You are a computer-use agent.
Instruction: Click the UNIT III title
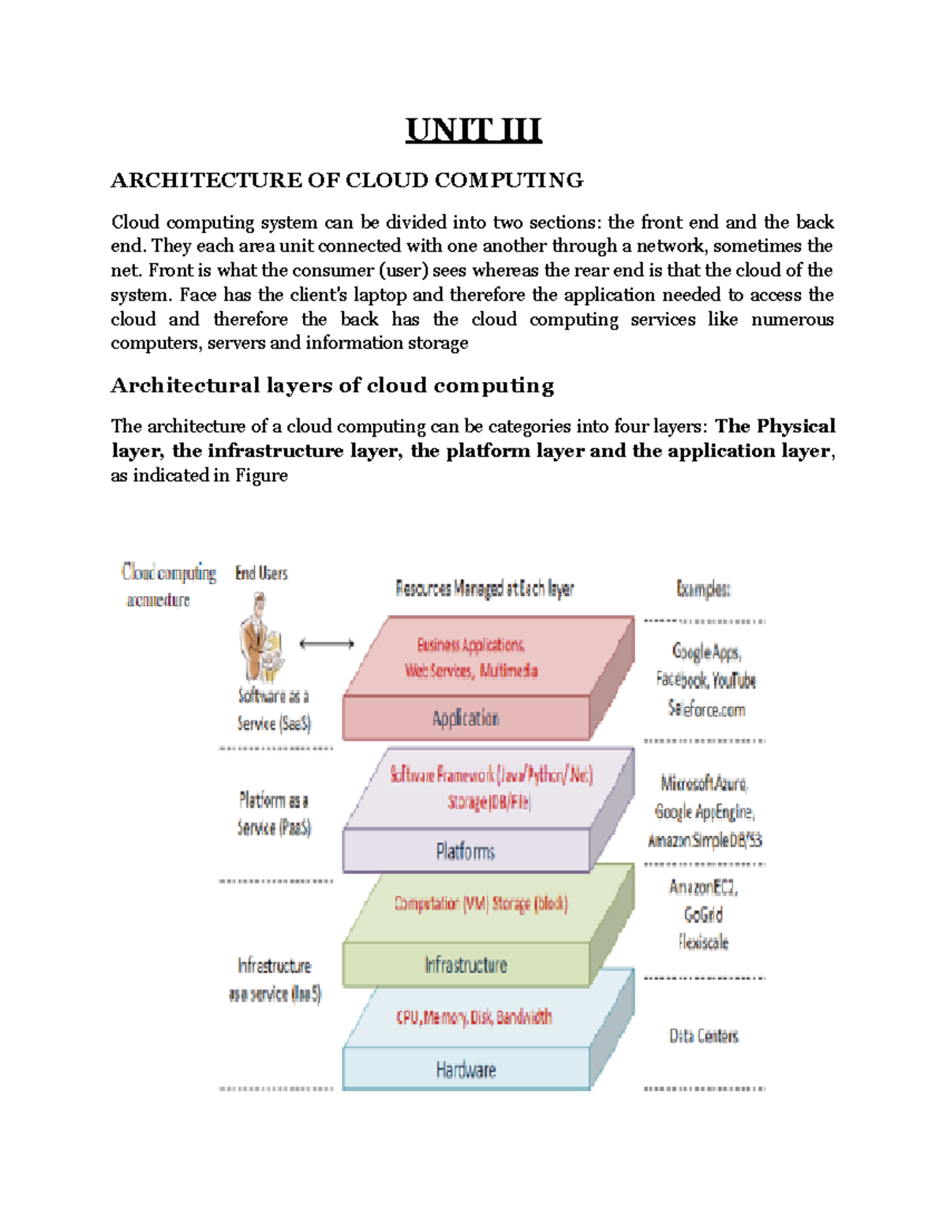click(x=473, y=130)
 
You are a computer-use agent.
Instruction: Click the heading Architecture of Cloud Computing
click(x=347, y=181)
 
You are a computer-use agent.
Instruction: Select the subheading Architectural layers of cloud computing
click(x=332, y=385)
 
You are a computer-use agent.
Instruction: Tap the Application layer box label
click(x=466, y=718)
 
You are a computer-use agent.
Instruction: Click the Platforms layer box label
click(x=466, y=852)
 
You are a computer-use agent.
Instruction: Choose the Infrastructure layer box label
click(x=466, y=965)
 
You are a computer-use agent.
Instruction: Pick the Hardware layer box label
click(x=466, y=1070)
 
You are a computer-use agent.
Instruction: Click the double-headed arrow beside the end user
click(x=327, y=644)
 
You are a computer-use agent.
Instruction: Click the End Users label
click(x=261, y=573)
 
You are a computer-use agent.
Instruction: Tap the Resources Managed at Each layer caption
click(x=485, y=589)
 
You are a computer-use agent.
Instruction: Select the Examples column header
click(x=703, y=589)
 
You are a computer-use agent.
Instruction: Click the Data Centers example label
click(x=704, y=1036)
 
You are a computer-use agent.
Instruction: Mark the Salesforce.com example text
click(x=706, y=709)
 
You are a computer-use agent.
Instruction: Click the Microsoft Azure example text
click(x=704, y=783)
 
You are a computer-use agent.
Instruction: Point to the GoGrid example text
click(x=703, y=914)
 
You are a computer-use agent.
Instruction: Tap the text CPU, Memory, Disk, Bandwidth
click(x=473, y=1017)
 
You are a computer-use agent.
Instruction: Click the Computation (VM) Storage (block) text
click(x=481, y=903)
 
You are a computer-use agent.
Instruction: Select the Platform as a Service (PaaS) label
click(x=275, y=814)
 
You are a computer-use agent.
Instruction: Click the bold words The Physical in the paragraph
click(x=775, y=426)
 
